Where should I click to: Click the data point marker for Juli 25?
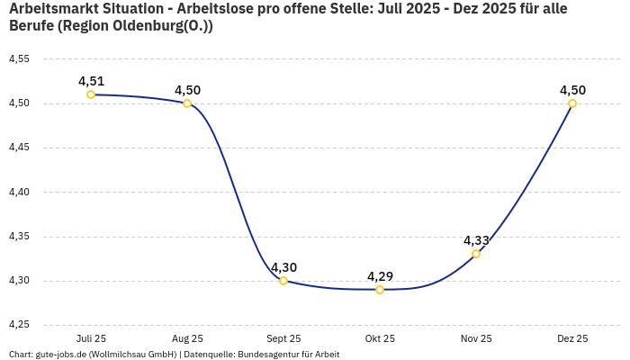91,94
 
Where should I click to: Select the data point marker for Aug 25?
187,103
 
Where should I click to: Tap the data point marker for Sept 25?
283,281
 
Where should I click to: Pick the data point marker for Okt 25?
380,290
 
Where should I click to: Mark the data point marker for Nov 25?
476,254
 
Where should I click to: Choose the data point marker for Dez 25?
572,103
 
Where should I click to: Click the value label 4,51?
91,81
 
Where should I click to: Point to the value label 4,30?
283,267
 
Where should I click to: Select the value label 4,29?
380,276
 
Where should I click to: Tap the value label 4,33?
476,240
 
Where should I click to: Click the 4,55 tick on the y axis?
19,59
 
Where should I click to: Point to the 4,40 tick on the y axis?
19,193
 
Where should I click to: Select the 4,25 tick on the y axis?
19,325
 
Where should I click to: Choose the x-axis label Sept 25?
283,339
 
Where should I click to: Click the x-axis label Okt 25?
380,339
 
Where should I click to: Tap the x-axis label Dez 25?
572,339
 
